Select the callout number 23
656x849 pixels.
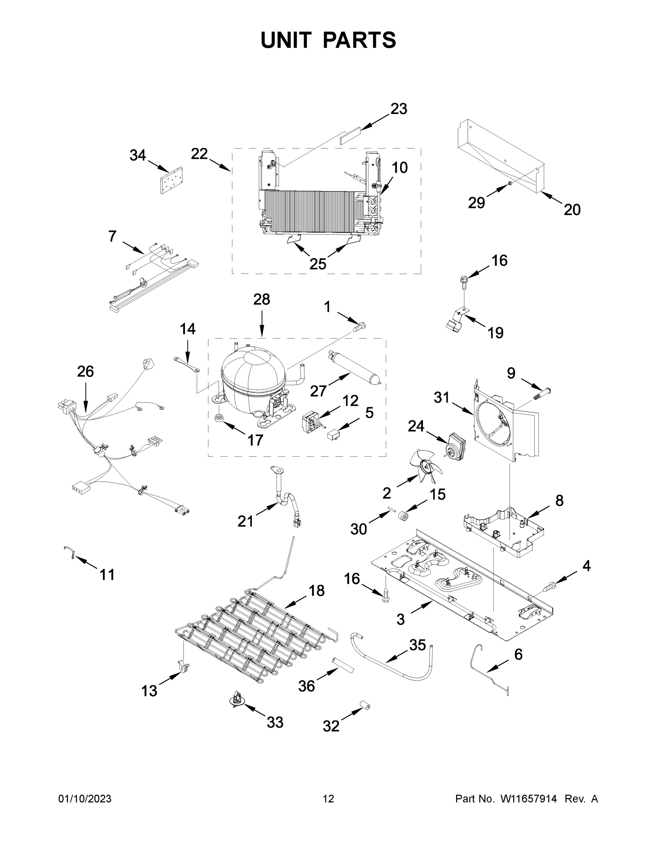tap(399, 109)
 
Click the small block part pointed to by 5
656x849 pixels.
tap(333, 433)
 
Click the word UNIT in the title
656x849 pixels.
tap(286, 40)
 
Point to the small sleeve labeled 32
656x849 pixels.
tap(364, 706)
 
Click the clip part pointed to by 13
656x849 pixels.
tap(184, 667)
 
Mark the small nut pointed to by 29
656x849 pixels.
tap(511, 184)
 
